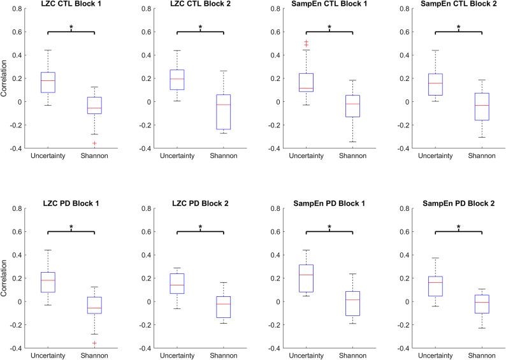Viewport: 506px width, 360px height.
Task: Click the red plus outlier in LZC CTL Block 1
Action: coord(94,143)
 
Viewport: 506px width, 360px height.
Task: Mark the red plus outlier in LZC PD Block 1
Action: coord(94,343)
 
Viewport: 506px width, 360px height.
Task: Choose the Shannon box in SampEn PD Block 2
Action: coord(482,304)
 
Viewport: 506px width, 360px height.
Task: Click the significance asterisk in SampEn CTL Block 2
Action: coord(458,27)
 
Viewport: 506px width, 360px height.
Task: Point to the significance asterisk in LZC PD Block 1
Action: coord(71,227)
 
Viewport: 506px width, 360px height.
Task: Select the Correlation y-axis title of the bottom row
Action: coord(6,280)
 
